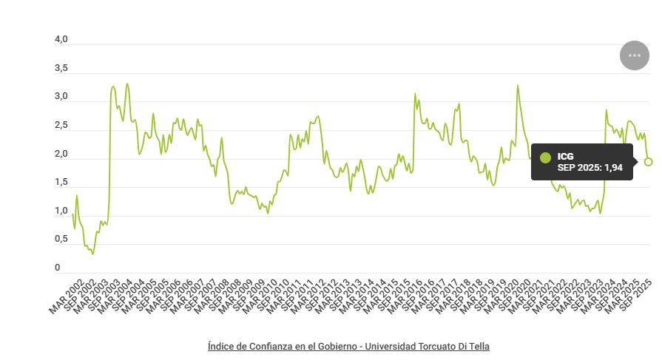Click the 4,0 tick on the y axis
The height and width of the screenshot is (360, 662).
(x=61, y=39)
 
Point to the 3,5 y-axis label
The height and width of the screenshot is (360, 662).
(x=61, y=68)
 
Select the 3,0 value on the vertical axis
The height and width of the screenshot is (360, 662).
(x=61, y=97)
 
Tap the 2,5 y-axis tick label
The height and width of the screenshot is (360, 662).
(x=61, y=126)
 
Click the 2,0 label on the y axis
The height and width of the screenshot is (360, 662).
(x=61, y=154)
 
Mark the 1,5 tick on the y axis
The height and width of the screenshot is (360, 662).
(x=61, y=183)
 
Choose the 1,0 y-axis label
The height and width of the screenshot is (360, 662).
(x=61, y=211)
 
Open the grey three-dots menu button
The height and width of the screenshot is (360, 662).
(x=634, y=55)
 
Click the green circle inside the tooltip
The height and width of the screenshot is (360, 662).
(x=546, y=157)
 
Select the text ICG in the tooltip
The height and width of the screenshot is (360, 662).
(x=566, y=156)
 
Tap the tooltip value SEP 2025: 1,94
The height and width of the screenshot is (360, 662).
(x=590, y=168)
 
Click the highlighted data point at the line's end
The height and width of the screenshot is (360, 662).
(x=648, y=162)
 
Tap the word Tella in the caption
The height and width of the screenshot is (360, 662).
(x=479, y=346)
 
